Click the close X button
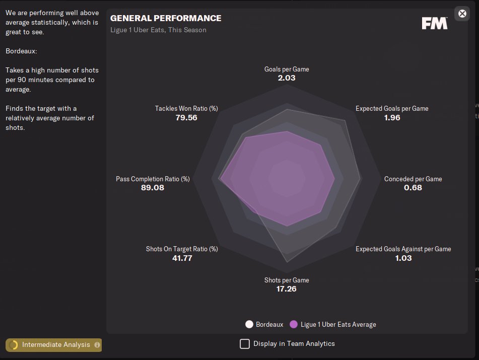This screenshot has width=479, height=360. click(x=462, y=14)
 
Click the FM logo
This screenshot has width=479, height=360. click(x=434, y=23)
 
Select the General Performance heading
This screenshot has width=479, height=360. click(x=166, y=18)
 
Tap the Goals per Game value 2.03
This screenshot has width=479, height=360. click(x=287, y=78)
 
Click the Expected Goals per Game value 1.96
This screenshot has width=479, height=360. click(x=392, y=117)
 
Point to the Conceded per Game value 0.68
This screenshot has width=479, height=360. click(x=413, y=188)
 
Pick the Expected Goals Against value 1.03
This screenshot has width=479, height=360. click(x=403, y=258)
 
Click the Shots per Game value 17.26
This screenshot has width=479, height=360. click(x=287, y=289)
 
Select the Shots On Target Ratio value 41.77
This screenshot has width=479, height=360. click(x=182, y=258)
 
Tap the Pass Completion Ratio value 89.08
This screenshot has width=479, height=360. click(x=153, y=188)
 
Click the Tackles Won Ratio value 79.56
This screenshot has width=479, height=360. click(x=186, y=117)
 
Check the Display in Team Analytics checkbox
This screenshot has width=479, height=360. click(x=245, y=344)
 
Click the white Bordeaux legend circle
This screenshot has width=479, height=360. click(x=249, y=324)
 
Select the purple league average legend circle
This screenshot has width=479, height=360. click(x=294, y=324)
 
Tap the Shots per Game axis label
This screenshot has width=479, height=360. click(x=287, y=280)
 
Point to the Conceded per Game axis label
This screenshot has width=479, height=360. click(x=413, y=179)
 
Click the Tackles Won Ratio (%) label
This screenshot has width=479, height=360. click(x=186, y=108)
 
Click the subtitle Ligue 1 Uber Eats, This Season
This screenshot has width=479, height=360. click(x=158, y=30)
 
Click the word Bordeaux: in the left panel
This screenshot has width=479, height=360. click(x=21, y=51)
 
